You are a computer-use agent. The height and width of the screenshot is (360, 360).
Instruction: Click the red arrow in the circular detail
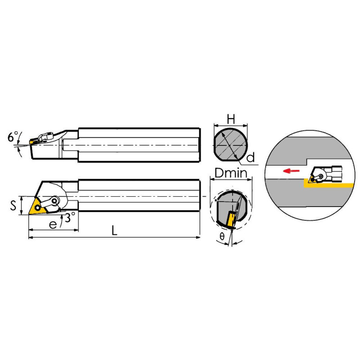click(291, 171)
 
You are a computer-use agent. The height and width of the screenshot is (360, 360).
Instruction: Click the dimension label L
click(114, 230)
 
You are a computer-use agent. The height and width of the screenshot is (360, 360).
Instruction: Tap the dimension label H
click(231, 119)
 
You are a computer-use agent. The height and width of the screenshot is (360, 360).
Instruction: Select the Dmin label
click(231, 173)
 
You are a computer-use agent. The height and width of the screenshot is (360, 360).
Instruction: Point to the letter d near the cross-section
click(251, 157)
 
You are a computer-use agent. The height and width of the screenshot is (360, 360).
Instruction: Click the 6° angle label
click(13, 137)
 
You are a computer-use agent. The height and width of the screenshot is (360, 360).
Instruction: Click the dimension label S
click(13, 205)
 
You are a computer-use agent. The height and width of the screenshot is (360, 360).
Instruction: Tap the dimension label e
click(53, 225)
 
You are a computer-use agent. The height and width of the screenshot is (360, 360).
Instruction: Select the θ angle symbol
click(222, 236)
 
